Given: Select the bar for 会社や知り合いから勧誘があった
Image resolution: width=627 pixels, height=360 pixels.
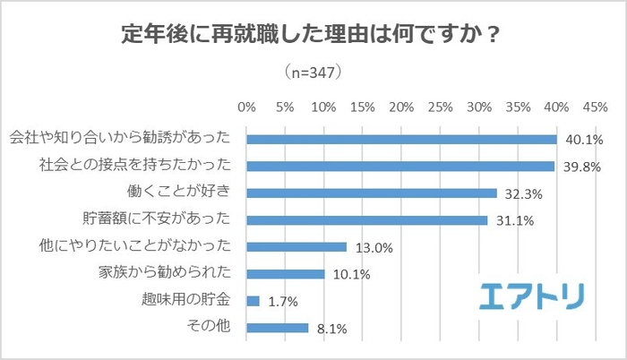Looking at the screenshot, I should coord(401,139).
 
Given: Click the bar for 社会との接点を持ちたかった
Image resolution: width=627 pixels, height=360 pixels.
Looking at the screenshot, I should coord(400,166).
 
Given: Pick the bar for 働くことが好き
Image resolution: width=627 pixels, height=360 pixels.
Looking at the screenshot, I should coord(371,193).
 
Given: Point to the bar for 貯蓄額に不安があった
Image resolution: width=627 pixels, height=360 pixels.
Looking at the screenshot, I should coord(366,219).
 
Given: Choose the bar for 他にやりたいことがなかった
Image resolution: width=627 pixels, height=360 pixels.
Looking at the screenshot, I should coord(296,246).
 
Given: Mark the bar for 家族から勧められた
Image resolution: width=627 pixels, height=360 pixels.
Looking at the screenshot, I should coord(285,273).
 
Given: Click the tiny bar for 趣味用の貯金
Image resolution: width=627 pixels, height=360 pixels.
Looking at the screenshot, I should coord(253,301).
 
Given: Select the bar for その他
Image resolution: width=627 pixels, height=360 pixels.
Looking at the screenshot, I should coord(278,328).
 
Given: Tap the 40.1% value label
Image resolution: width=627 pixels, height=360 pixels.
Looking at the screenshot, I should coord(583,140).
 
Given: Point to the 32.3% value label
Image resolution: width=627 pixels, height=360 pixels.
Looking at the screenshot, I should coord(523,193).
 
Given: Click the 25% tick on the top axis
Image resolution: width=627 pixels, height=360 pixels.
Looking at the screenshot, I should coord(440,107).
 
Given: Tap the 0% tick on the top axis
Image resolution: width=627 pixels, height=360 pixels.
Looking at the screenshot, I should coord(246,107).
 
